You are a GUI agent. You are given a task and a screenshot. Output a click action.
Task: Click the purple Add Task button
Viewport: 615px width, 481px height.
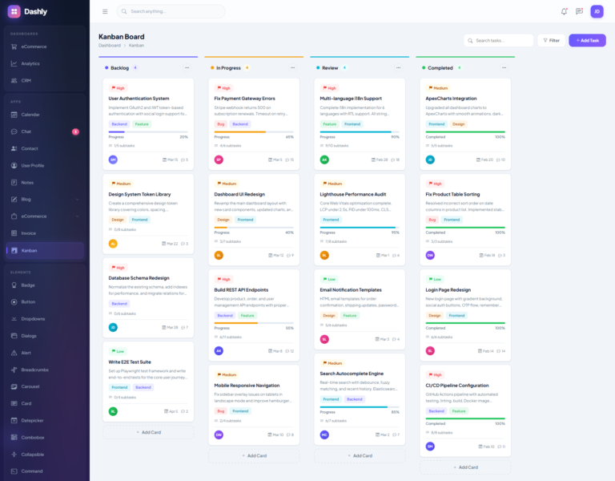coord(587,40)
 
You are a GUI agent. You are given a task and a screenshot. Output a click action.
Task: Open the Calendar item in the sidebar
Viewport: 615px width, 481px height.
coord(30,115)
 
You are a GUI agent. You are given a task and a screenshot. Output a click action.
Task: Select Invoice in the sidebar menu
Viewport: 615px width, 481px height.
coord(29,233)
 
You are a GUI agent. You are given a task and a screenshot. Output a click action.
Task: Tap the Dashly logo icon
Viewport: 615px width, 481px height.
coord(14,11)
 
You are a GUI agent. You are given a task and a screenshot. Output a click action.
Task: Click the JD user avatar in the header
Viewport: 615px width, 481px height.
coord(597,11)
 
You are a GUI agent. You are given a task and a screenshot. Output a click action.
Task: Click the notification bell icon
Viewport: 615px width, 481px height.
coord(564,11)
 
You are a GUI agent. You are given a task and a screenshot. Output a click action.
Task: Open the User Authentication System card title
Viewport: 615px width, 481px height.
coord(139,99)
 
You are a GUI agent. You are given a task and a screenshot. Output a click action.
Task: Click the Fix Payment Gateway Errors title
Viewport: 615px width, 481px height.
coord(244,99)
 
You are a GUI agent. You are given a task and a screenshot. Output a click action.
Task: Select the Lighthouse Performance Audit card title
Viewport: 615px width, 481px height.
coord(352,194)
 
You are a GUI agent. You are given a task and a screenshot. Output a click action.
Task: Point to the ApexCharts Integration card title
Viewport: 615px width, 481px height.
coord(451,99)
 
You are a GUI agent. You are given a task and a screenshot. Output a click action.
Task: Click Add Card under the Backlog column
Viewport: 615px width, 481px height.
coord(148,432)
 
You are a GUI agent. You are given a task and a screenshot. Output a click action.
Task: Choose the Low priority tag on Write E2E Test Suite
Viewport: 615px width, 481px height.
coord(118,351)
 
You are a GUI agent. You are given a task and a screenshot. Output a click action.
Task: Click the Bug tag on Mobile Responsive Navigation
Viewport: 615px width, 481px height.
coord(220,410)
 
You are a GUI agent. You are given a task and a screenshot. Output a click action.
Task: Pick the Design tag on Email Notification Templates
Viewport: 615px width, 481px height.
coord(329,315)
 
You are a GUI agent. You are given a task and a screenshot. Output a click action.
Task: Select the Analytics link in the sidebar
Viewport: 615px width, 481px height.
coord(30,63)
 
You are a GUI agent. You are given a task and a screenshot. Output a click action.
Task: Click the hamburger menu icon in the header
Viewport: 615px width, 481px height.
coord(105,11)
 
